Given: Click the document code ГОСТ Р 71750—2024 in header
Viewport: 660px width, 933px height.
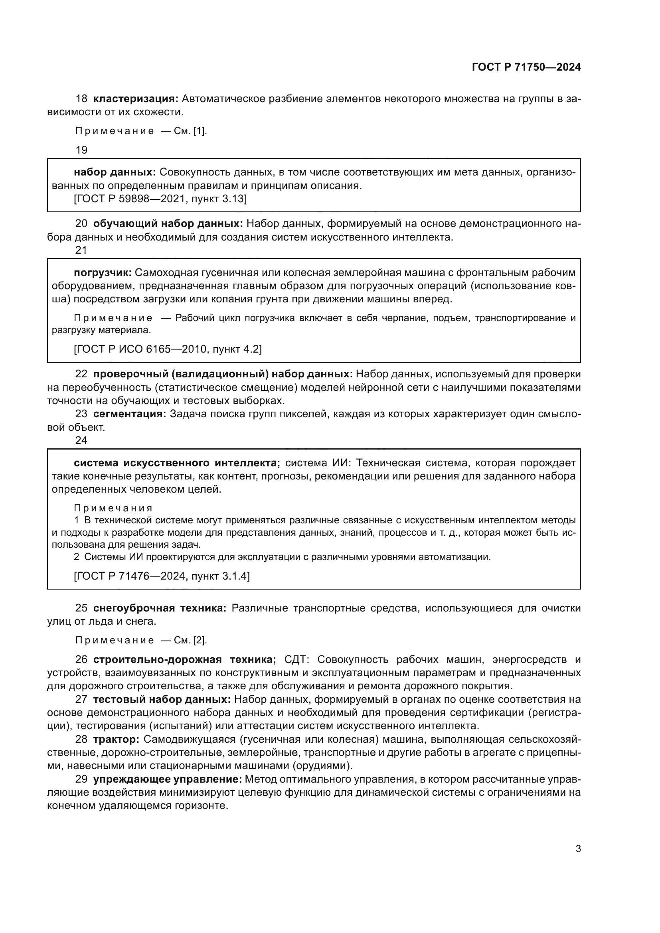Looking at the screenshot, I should [526, 67].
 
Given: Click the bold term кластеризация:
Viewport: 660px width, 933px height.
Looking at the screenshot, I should [136, 99].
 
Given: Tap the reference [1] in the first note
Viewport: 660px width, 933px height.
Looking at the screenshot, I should [200, 131].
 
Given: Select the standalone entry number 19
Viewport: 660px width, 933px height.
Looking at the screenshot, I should [81, 150].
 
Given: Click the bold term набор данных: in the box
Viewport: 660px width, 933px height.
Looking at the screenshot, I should [115, 172].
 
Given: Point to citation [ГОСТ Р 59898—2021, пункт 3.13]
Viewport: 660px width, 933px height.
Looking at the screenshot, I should [160, 199].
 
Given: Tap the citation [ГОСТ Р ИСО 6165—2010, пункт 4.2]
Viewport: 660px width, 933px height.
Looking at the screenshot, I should [168, 349].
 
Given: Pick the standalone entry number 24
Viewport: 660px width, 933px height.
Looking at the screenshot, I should [81, 440].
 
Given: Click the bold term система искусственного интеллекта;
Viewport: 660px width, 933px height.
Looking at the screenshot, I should [177, 463].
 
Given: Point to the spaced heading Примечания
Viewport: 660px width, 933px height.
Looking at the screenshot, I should [113, 508].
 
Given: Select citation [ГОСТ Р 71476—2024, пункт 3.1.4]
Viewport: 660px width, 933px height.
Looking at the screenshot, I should [162, 576].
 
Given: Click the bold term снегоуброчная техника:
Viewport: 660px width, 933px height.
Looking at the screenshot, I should [160, 608].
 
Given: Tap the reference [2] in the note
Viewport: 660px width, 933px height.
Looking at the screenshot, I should [200, 641].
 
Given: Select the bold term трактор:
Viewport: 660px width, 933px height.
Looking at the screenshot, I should [116, 739].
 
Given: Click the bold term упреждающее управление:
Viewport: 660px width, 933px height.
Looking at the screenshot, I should [168, 779].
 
